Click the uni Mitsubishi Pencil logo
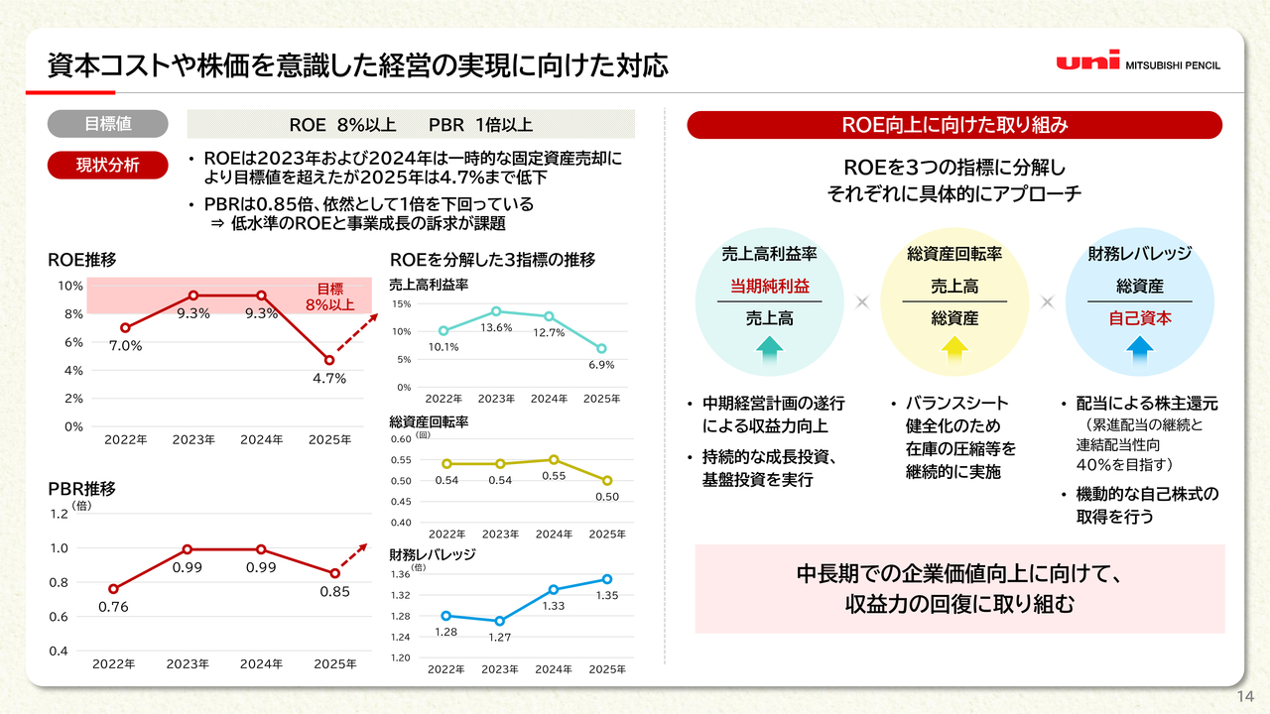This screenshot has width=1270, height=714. click(1138, 61)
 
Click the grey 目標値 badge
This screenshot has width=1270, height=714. click(108, 124)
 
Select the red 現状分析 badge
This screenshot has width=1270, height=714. click(108, 165)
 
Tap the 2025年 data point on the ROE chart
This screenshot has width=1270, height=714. click(328, 360)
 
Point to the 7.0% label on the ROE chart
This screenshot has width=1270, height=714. click(125, 346)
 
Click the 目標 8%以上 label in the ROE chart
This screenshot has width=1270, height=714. click(329, 297)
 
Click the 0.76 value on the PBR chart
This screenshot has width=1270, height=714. click(113, 607)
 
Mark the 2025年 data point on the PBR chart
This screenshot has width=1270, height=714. click(335, 573)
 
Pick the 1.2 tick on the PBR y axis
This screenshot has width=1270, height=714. click(59, 514)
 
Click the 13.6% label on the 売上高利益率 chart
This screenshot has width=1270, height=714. click(496, 327)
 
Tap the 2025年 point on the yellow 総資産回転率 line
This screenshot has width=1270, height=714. click(607, 480)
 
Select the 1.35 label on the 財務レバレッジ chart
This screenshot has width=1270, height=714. click(606, 596)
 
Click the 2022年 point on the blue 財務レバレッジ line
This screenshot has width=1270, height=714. click(445, 616)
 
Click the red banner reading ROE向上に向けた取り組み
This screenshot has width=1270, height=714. click(954, 125)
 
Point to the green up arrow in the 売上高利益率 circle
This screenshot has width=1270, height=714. click(770, 346)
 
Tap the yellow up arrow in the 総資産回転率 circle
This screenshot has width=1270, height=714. click(954, 346)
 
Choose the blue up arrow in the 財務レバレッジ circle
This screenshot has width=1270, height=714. click(1139, 346)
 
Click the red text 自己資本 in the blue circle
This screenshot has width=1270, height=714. click(1139, 318)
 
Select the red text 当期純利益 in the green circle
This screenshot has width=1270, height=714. click(770, 286)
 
